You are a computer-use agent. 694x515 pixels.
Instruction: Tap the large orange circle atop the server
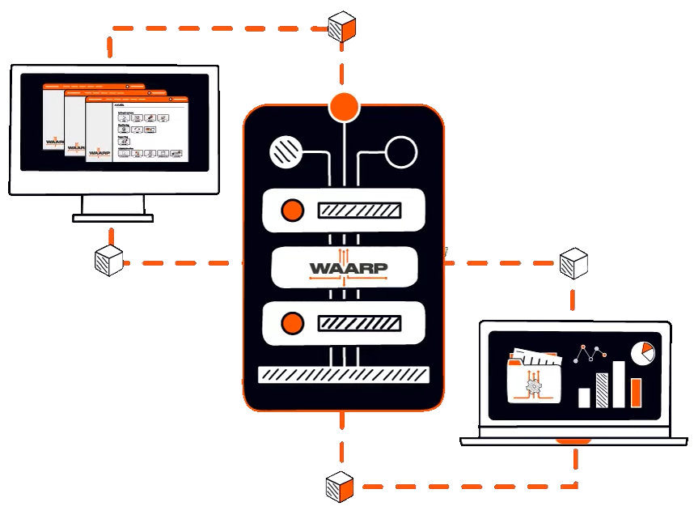344,106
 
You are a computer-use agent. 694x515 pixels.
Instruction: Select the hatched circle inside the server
285,151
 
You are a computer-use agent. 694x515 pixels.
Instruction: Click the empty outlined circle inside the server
400,151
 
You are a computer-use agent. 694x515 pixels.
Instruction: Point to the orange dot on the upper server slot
291,211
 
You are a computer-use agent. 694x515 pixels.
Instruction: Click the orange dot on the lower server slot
291,324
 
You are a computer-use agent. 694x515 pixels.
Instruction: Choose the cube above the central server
341,27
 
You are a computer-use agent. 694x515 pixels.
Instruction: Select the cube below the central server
340,486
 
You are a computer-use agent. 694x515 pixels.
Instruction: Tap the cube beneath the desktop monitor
109,261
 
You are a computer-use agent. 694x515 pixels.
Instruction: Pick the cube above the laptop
573,263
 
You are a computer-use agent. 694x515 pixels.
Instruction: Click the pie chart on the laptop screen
642,352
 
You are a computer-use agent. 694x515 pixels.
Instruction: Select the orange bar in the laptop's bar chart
636,392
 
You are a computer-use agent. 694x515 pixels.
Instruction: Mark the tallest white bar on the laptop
619,384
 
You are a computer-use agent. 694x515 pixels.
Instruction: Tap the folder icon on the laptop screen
533,377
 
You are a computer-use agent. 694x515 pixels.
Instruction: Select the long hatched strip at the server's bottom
343,374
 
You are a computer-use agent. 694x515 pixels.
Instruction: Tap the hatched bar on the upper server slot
359,211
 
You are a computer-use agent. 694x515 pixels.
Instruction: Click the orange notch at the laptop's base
574,441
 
